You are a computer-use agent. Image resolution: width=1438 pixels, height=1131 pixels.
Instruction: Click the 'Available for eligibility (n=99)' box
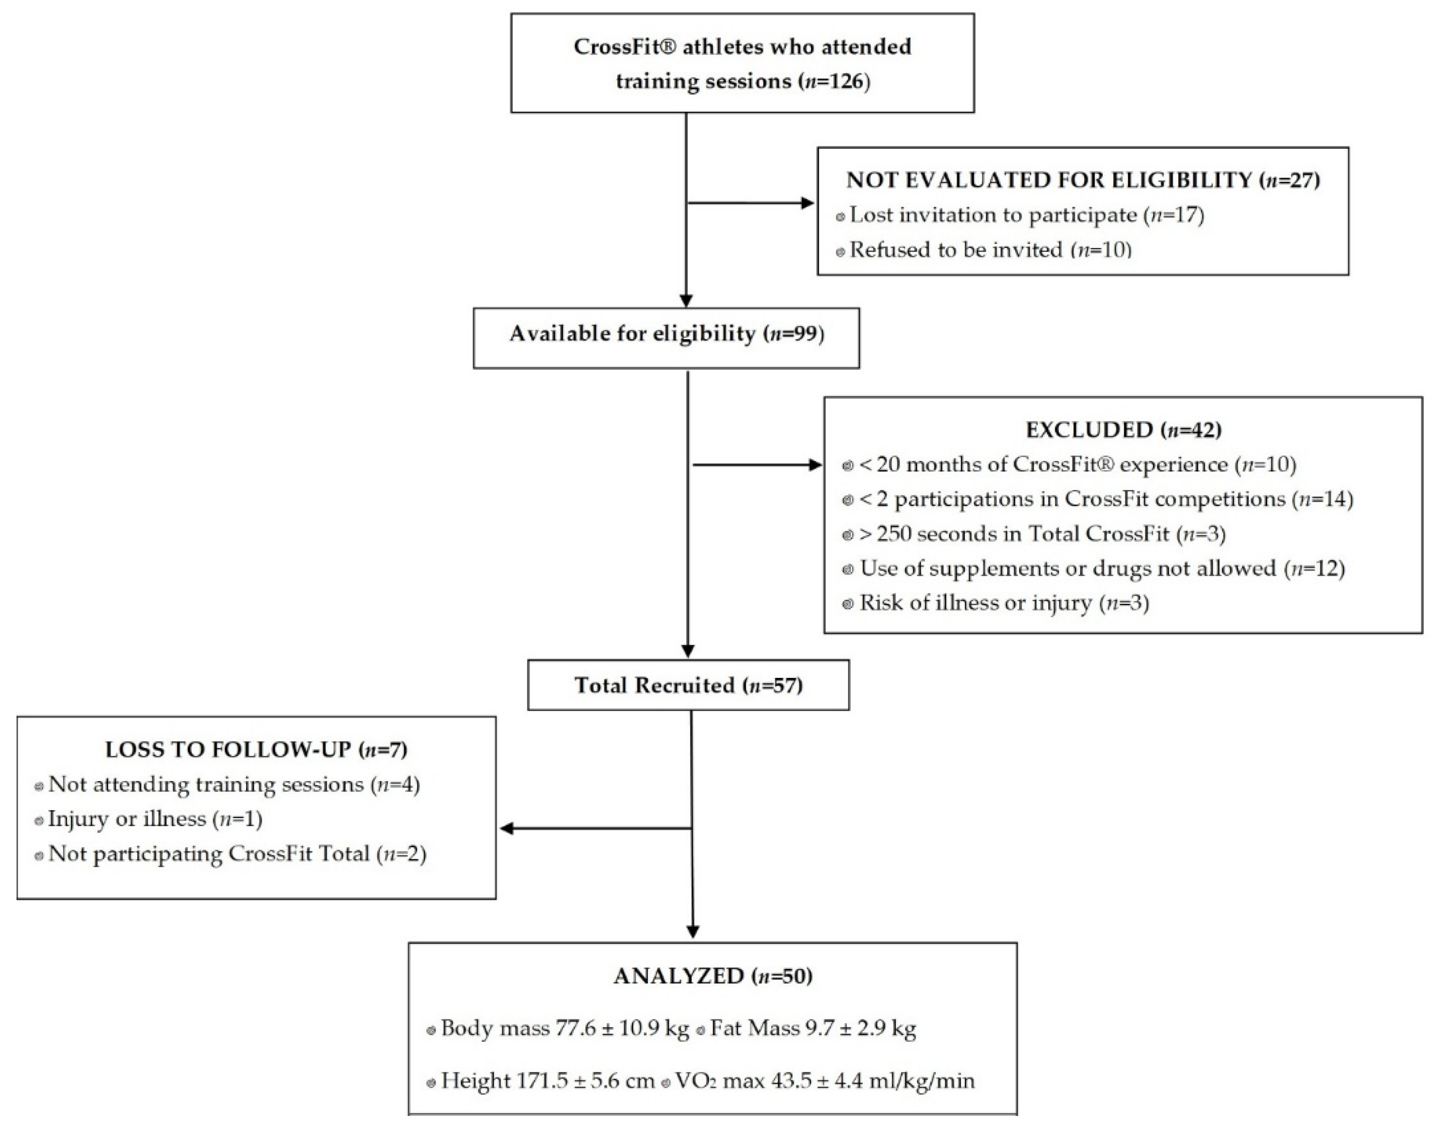(x=666, y=334)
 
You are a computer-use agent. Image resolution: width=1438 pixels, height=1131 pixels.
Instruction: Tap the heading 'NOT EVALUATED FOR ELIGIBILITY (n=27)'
(x=1083, y=180)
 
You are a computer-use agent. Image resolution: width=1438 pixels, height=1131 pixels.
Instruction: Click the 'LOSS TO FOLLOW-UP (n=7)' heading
(x=256, y=749)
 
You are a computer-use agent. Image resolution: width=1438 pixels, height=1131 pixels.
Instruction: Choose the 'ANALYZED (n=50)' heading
(x=713, y=976)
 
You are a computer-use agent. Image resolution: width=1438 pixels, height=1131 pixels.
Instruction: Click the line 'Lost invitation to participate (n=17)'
(x=1026, y=215)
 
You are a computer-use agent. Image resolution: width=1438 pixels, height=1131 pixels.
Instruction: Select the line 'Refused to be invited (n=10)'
(x=990, y=250)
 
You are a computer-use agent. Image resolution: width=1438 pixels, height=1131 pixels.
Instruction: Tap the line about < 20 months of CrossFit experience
(x=1077, y=465)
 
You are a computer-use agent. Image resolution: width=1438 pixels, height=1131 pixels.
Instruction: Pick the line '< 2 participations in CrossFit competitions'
(x=1106, y=499)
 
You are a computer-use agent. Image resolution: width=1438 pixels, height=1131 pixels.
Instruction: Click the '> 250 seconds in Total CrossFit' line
(x=1042, y=534)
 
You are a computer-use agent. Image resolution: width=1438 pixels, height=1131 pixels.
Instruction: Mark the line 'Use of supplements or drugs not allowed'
(x=1102, y=568)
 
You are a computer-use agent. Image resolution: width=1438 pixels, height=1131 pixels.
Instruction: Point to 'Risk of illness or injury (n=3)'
(x=1004, y=603)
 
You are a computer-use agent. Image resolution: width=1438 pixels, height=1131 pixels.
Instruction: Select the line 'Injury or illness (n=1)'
(x=155, y=819)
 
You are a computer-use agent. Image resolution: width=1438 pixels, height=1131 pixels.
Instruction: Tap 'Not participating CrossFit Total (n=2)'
(x=237, y=853)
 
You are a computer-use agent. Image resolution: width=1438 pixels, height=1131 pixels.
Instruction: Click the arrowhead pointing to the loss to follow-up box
(x=507, y=828)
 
